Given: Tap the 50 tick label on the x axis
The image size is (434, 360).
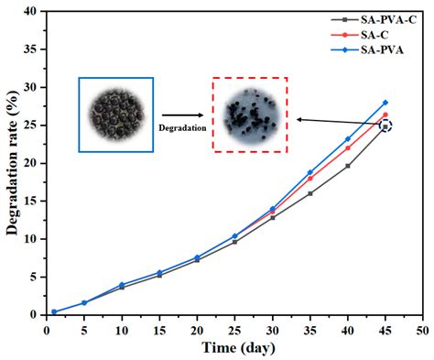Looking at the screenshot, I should point(421,327).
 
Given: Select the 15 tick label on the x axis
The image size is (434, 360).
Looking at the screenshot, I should point(159,327).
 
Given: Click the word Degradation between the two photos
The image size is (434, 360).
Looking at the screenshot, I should point(182,126).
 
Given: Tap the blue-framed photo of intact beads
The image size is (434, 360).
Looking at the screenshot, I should point(115,114).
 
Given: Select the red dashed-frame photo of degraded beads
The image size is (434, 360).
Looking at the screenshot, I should point(249,114).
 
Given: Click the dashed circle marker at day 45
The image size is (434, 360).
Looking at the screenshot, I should point(385,125).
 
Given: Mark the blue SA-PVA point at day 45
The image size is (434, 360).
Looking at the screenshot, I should point(385,102).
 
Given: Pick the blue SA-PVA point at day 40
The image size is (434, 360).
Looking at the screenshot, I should point(348,138).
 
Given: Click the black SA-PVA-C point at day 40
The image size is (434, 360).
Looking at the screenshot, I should point(348,166).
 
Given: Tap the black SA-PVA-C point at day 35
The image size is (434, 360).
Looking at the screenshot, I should point(310,193).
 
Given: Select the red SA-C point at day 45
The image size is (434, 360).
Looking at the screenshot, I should point(385,115).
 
